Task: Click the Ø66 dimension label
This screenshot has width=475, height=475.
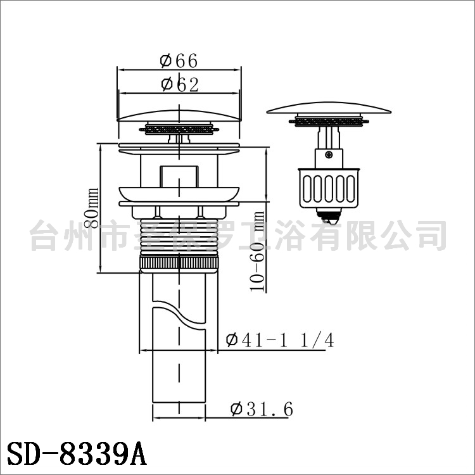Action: (x=179, y=61)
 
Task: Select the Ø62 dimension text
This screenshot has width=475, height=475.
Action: (x=180, y=84)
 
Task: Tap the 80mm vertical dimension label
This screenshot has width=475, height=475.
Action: (x=91, y=208)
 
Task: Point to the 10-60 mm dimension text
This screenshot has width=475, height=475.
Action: (x=257, y=251)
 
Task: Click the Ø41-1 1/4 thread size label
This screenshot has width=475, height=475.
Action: (x=280, y=340)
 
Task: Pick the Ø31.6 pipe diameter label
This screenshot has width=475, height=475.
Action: (x=262, y=409)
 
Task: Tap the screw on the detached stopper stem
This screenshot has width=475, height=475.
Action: (x=329, y=155)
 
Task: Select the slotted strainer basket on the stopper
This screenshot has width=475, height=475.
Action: (x=329, y=189)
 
